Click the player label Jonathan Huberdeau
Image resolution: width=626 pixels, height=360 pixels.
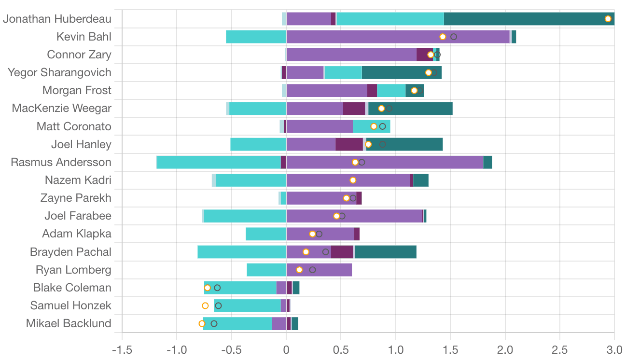pos(57,19)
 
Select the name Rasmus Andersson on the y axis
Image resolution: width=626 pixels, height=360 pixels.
pos(61,162)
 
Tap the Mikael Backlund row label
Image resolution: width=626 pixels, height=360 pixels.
pos(69,323)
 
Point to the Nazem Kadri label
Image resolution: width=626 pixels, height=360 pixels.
pos(78,180)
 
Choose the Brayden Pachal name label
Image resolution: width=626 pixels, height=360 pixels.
pos(70,252)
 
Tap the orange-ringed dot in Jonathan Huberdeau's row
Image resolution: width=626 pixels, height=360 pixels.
pos(608,19)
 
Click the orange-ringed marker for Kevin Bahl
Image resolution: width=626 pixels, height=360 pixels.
pos(443,37)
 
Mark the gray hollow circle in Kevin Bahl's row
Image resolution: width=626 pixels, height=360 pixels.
pos(454,37)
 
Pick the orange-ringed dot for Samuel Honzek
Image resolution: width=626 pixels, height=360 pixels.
pos(205,305)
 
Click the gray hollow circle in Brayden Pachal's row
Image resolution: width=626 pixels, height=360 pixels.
pos(325,252)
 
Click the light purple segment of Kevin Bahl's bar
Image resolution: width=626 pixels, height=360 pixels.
pos(398,37)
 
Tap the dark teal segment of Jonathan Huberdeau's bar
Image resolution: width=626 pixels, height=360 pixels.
pos(529,19)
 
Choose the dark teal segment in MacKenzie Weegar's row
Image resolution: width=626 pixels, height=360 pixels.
pos(410,109)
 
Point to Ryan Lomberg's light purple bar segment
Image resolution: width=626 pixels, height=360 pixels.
pos(319,270)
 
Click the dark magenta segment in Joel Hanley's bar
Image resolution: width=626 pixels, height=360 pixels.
pos(349,144)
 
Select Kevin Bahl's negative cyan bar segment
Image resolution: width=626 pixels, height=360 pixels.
pos(256,37)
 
